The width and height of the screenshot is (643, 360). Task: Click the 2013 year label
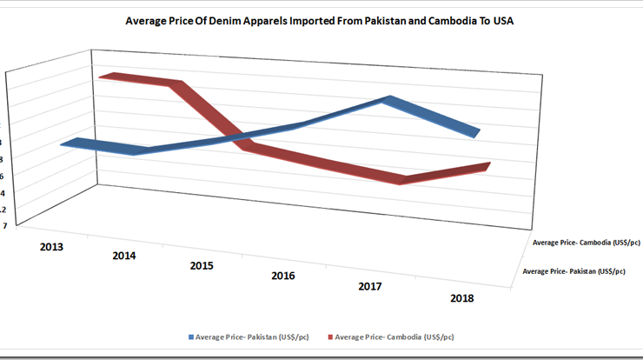click(51, 246)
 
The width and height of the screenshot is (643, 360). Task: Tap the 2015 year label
click(202, 265)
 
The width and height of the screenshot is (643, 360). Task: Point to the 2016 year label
click(282, 276)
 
